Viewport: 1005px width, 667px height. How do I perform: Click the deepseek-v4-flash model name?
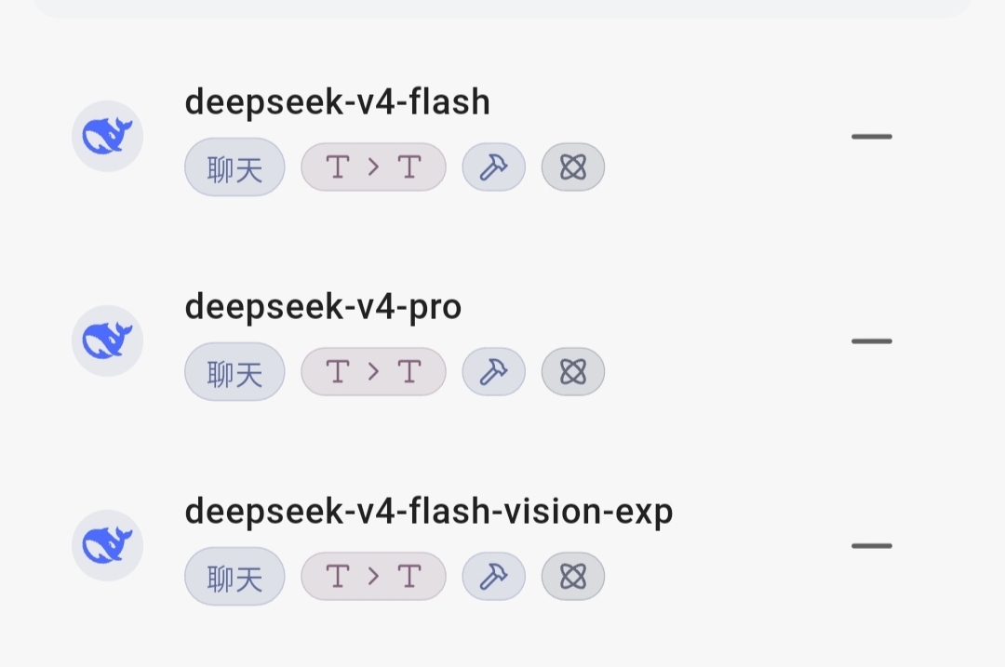click(x=337, y=102)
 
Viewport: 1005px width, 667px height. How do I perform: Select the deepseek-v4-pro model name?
click(x=323, y=307)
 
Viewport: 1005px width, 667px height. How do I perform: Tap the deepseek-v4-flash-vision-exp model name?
click(x=429, y=512)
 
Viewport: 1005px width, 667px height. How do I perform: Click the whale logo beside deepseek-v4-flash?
click(x=107, y=136)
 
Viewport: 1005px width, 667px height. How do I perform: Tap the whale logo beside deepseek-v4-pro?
click(x=107, y=340)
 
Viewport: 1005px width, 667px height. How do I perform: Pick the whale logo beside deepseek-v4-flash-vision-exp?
click(x=107, y=545)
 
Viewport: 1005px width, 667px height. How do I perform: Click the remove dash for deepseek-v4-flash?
click(x=872, y=137)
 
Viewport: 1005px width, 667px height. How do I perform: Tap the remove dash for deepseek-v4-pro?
click(x=872, y=341)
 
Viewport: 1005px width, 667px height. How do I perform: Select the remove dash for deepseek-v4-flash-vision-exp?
click(x=872, y=546)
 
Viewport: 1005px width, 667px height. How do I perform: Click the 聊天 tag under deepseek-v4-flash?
click(x=234, y=167)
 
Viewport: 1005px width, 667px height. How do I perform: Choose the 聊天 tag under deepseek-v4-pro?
click(x=234, y=371)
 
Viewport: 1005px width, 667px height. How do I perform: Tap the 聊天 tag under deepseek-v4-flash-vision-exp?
click(x=234, y=577)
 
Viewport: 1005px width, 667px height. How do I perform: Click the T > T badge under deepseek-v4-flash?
click(x=374, y=167)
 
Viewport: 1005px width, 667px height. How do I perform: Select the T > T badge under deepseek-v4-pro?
click(x=374, y=371)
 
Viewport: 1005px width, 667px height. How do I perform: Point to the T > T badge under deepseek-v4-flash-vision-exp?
click(x=374, y=577)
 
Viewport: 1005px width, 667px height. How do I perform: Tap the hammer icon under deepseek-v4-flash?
click(x=493, y=167)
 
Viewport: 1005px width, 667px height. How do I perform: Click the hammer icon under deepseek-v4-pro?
click(x=493, y=371)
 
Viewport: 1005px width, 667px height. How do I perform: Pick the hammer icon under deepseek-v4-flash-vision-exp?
click(x=493, y=577)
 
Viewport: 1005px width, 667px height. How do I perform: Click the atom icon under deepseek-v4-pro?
click(x=573, y=371)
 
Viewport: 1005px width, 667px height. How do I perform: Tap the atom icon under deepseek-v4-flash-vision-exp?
click(x=573, y=577)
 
